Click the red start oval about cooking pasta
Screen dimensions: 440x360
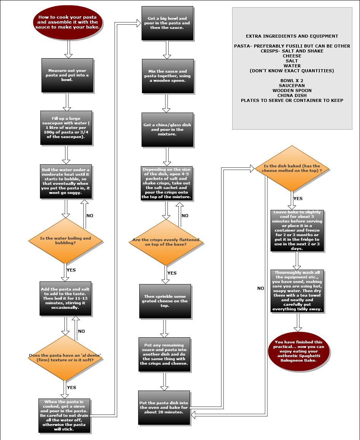click(68, 22)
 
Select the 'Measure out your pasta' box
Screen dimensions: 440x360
click(67, 75)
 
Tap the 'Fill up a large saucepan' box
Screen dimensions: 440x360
click(66, 127)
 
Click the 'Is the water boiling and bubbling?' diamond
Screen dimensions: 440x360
click(65, 240)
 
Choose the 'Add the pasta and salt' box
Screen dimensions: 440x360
click(65, 298)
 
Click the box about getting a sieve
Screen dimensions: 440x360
click(64, 415)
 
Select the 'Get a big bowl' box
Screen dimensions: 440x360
click(167, 23)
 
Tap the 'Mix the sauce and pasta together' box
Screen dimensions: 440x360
click(167, 76)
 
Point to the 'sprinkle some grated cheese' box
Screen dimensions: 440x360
click(165, 301)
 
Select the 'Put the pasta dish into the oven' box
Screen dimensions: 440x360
click(164, 407)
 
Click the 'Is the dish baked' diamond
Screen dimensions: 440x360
click(292, 168)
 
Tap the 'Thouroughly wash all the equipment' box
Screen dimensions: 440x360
click(297, 291)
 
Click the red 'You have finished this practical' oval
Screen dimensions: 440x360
click(298, 351)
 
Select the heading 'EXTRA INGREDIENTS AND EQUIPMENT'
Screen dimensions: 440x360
click(292, 37)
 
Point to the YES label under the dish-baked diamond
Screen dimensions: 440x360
click(298, 199)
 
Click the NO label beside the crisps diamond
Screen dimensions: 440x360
click(185, 216)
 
